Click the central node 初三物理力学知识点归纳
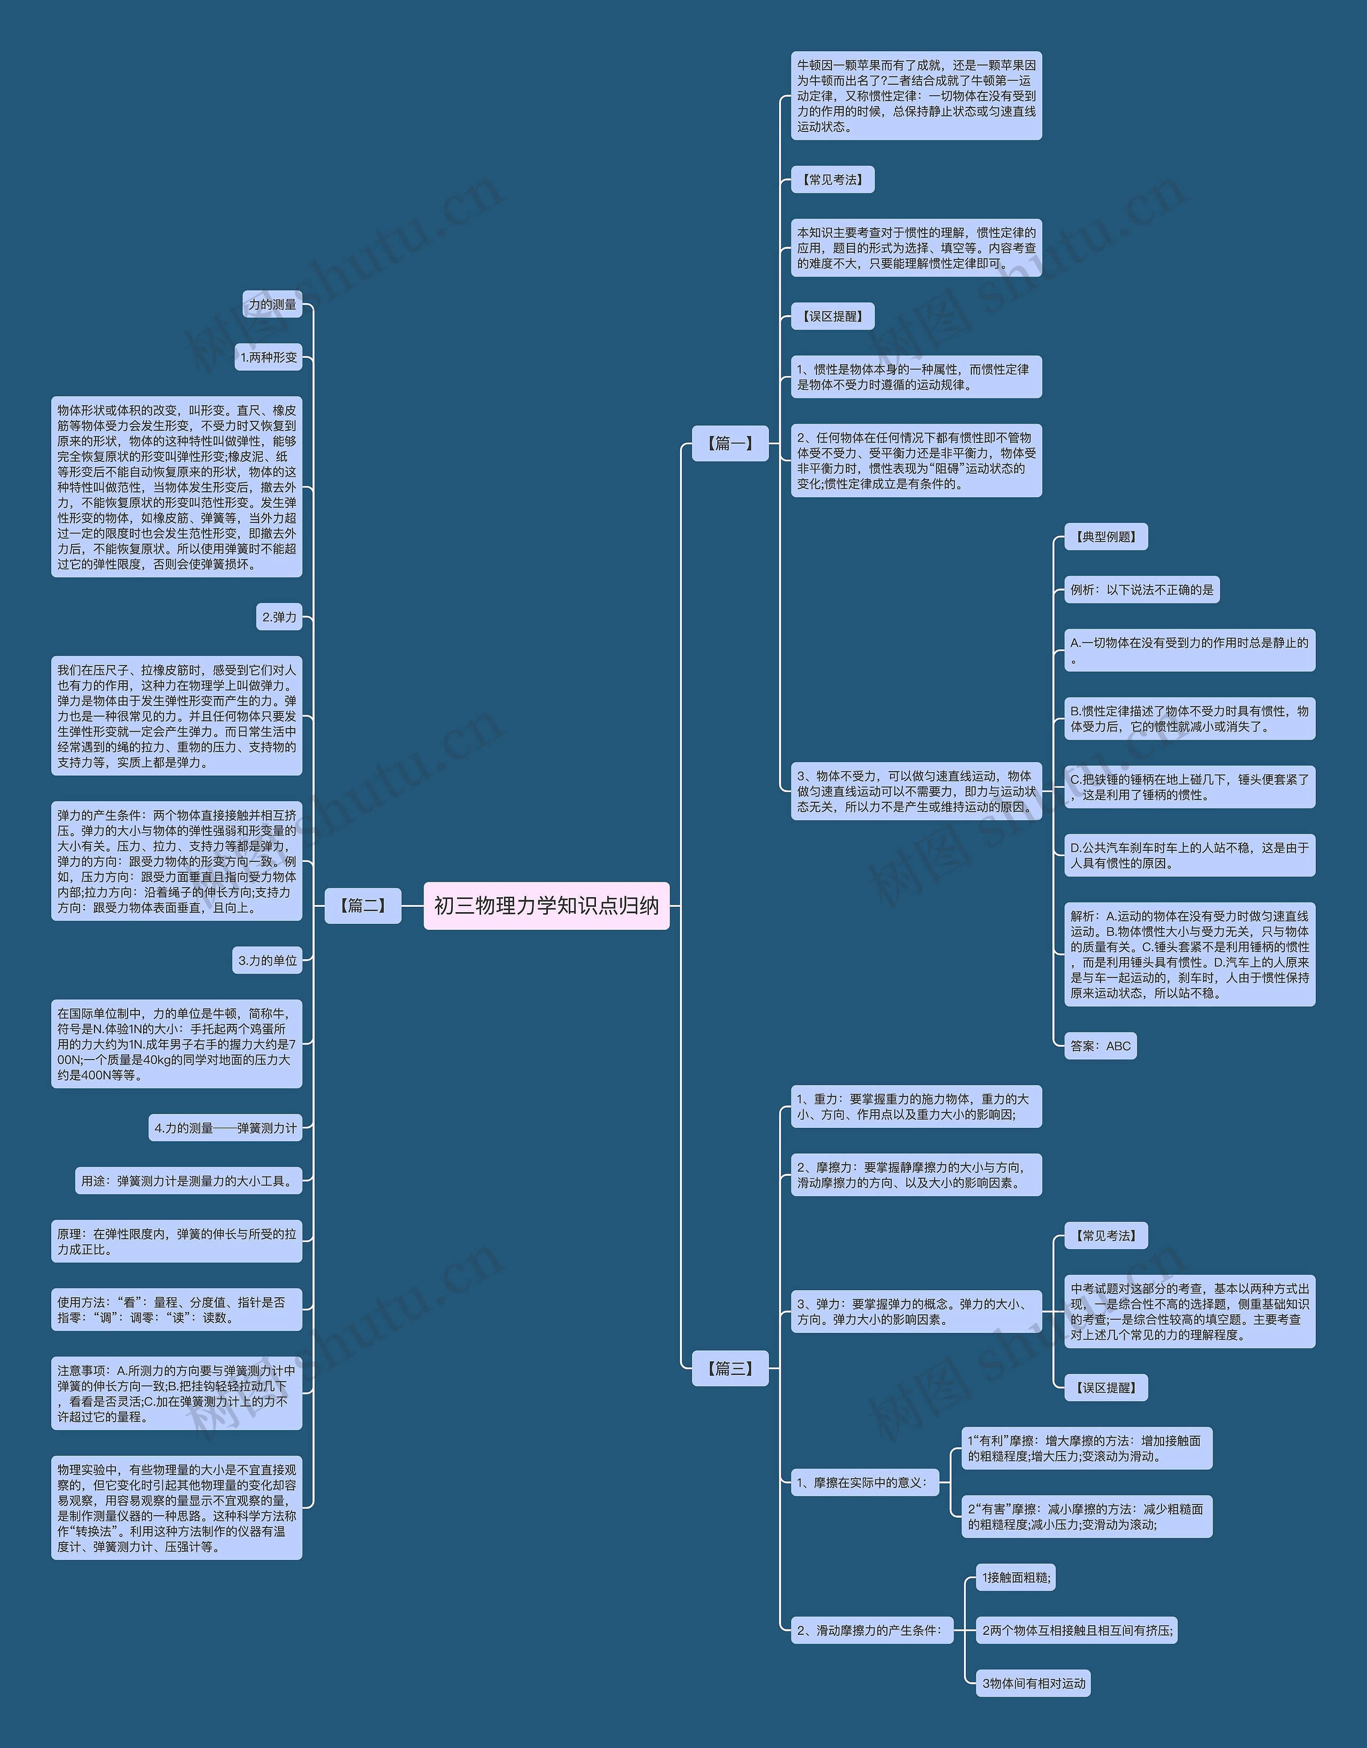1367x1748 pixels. [x=546, y=905]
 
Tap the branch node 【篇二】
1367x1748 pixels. [x=363, y=905]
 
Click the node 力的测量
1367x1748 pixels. [x=272, y=304]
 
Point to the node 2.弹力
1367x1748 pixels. [x=279, y=617]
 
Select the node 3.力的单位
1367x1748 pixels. [x=268, y=960]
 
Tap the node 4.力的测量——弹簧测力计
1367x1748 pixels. [x=226, y=1128]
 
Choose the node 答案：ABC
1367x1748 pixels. [x=1101, y=1045]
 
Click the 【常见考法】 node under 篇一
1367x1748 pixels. [x=832, y=179]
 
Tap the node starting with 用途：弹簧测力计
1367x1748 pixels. [x=188, y=1180]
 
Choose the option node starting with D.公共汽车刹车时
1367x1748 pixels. [x=1189, y=855]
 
